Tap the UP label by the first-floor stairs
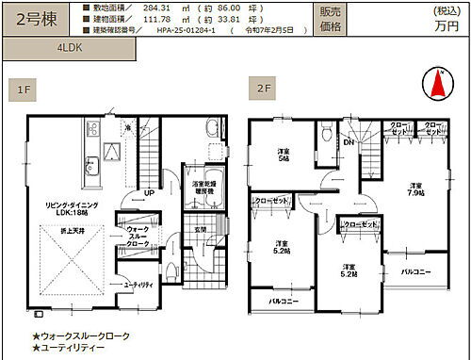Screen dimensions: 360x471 pyautogui.click(x=150, y=194)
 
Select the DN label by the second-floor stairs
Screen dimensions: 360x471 pyautogui.click(x=348, y=143)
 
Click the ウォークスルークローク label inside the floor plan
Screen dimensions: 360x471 pyautogui.click(x=136, y=237)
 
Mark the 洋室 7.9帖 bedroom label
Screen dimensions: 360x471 pyautogui.click(x=416, y=189)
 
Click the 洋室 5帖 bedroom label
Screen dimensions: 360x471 pyautogui.click(x=283, y=157)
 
